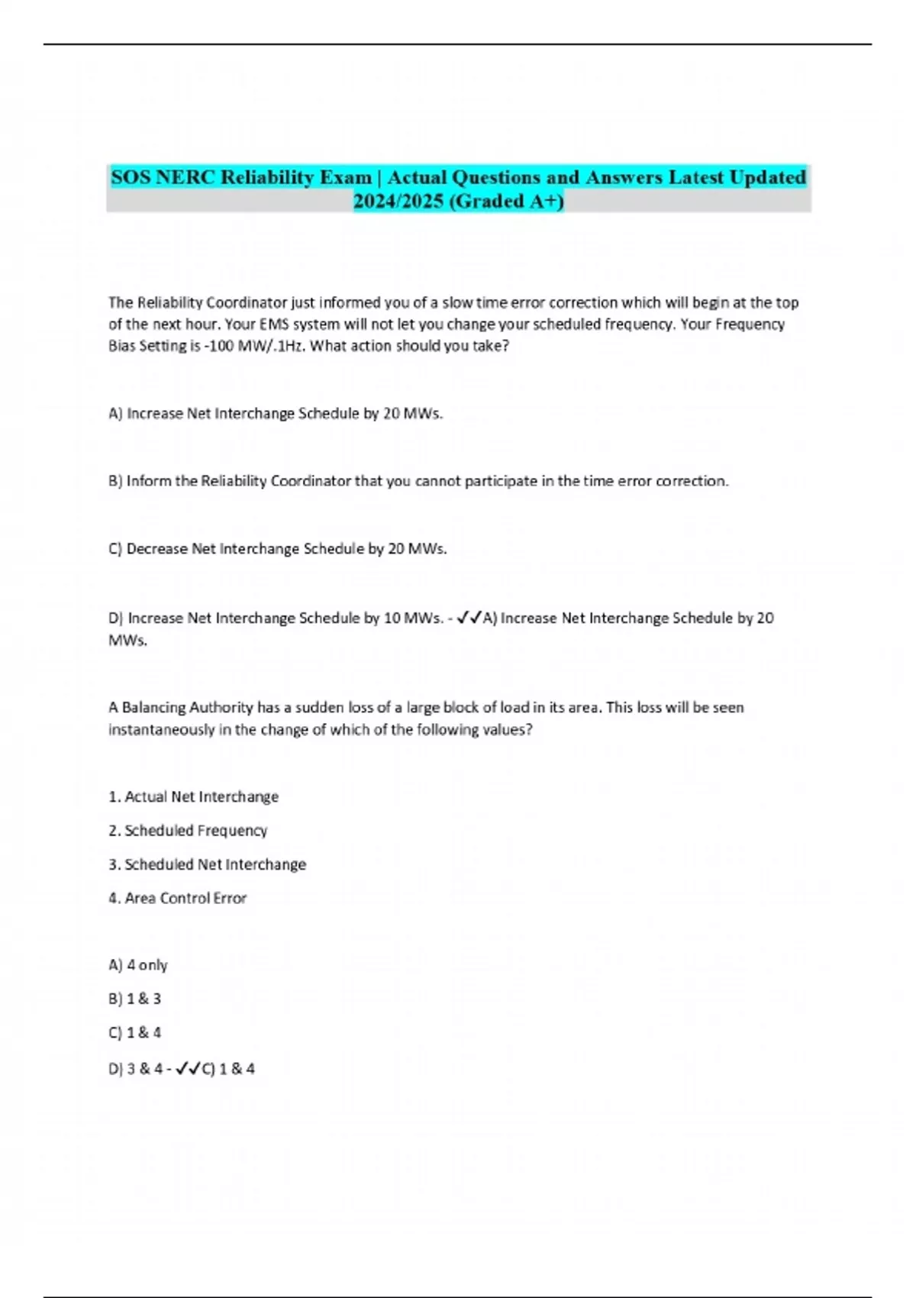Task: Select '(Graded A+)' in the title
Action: tap(502, 201)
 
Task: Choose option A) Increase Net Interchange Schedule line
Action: tap(276, 414)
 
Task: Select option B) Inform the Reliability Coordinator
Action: tap(418, 481)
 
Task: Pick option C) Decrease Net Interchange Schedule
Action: tap(278, 549)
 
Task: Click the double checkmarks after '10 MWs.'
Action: tap(469, 618)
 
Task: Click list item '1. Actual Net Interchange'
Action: tap(193, 797)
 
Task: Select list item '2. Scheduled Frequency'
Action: tap(188, 831)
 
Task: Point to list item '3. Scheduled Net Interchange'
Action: tap(207, 864)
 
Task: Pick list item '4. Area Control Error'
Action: tap(177, 899)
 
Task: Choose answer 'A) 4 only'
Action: tap(138, 965)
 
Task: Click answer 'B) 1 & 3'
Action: tap(135, 999)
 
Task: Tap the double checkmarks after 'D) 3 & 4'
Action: tap(188, 1069)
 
